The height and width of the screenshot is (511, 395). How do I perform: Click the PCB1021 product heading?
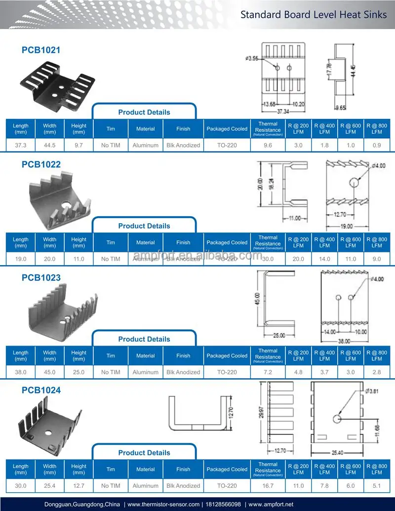(41, 50)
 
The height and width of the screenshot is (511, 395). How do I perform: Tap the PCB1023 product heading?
(41, 277)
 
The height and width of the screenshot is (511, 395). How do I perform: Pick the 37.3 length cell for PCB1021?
(21, 145)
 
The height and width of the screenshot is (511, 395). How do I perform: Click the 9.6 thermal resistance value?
(268, 145)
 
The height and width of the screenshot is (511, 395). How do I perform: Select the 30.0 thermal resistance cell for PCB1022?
(268, 259)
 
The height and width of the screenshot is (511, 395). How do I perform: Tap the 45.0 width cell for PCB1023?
(50, 372)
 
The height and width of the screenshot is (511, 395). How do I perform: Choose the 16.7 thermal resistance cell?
(268, 486)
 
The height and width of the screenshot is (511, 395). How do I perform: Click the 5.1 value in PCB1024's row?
(377, 486)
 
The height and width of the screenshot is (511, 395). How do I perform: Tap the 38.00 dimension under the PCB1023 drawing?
(344, 341)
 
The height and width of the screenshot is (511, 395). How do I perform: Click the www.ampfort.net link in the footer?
(271, 504)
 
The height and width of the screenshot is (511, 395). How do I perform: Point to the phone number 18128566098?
(224, 504)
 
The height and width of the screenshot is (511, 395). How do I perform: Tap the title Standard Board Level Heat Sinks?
(314, 14)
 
